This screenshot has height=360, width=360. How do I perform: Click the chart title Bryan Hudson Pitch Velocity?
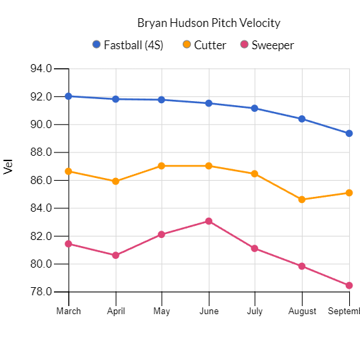point(208,23)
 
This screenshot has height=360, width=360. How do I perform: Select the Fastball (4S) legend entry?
point(138,45)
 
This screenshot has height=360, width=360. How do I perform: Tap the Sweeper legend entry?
point(272,45)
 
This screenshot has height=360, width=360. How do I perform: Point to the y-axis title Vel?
point(9,167)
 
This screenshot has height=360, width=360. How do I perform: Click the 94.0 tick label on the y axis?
point(41,69)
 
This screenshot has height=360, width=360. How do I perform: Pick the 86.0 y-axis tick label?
point(41,180)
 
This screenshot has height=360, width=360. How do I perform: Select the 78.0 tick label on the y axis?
point(41,292)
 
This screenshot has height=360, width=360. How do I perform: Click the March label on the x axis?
point(69,311)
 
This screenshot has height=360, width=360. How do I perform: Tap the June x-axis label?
point(209,311)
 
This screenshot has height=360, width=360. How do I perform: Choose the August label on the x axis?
point(302,311)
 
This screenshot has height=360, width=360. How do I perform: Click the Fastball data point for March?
point(69,96)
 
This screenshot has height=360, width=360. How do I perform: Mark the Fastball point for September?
point(349,133)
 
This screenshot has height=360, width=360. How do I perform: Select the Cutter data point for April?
point(116,181)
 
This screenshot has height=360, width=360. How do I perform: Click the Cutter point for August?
point(302,200)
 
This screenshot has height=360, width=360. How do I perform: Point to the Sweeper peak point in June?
point(209,221)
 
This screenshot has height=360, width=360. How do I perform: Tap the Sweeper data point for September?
point(349,286)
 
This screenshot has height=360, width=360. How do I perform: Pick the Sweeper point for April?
point(116,256)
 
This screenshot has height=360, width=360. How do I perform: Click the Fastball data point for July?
point(255,109)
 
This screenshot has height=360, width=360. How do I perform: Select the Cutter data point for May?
point(162,166)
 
